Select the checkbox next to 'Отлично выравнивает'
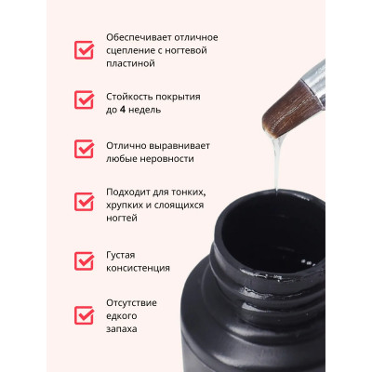coord(85,150)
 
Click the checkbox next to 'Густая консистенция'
coord(85,260)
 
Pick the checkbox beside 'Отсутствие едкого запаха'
coord(85,316)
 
